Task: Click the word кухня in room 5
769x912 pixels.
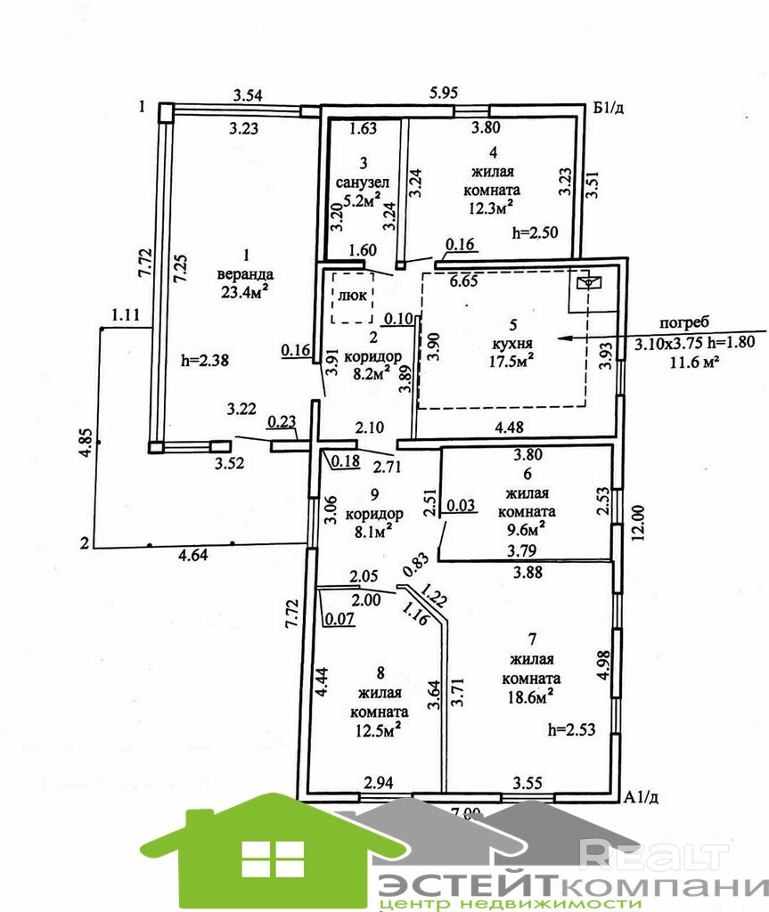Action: coord(504,344)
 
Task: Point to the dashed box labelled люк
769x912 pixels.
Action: coord(353,298)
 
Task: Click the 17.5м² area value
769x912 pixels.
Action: coord(504,362)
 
